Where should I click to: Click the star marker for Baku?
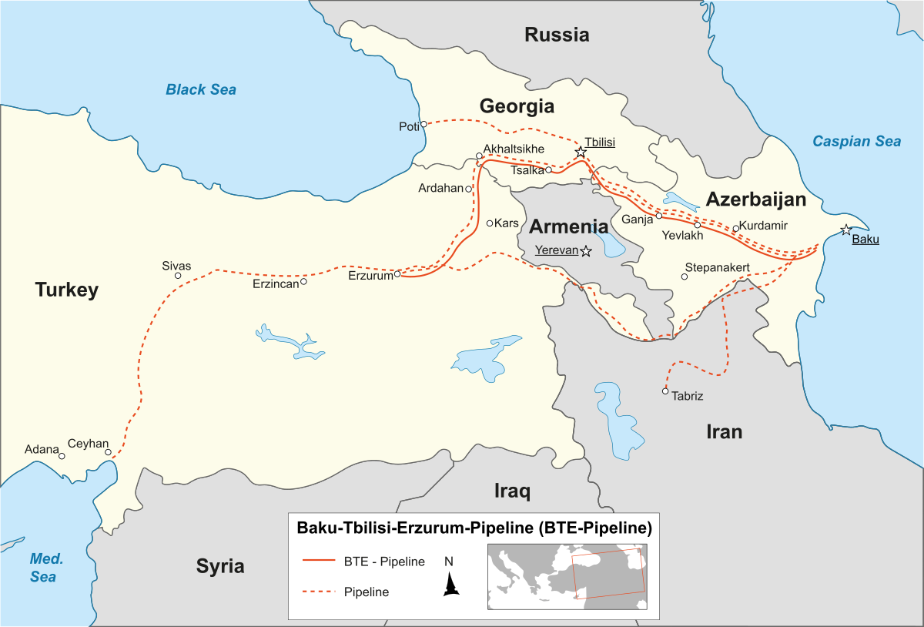pos(846,230)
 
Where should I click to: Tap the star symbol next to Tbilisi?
pos(581,153)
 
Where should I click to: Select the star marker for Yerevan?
pos(586,251)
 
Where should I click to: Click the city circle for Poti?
pos(423,124)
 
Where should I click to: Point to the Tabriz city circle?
pos(665,391)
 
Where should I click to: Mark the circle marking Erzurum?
pos(397,273)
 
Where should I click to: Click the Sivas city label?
pos(176,266)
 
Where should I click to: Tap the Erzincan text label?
pos(275,283)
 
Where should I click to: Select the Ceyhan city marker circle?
pos(108,452)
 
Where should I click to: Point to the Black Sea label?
pos(201,89)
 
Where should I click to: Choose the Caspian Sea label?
pos(856,141)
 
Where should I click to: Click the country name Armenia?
pos(568,226)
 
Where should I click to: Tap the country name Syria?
pos(220,566)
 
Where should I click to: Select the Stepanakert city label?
pos(717,267)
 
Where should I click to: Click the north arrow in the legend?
pos(450,586)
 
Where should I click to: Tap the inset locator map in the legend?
pos(567,576)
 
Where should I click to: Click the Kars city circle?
pos(490,223)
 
